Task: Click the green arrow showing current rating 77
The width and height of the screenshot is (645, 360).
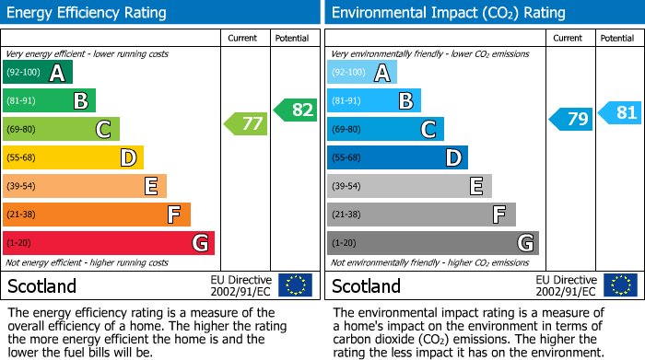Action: point(245,123)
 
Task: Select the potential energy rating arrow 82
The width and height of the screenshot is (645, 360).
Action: point(295,110)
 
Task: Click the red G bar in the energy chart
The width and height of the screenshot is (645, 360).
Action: point(109,243)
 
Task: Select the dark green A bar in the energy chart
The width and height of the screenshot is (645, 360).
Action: point(38,72)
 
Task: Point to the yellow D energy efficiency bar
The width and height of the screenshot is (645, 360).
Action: point(74,157)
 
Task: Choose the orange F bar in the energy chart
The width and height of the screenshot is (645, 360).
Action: point(97,215)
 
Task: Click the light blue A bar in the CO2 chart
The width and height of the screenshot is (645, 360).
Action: point(362,72)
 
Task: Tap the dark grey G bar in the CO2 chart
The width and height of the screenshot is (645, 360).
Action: point(432,243)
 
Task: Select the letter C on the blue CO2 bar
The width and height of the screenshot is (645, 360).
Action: point(428,130)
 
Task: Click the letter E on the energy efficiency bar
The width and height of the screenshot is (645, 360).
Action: point(150,187)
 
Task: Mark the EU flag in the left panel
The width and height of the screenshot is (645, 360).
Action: point(295,285)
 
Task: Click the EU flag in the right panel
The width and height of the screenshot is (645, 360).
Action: point(620,285)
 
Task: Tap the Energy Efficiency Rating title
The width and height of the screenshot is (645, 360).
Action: point(88,13)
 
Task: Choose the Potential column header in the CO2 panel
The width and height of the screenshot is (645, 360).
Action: point(617,38)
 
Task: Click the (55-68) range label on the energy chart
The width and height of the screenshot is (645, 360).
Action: point(22,158)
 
